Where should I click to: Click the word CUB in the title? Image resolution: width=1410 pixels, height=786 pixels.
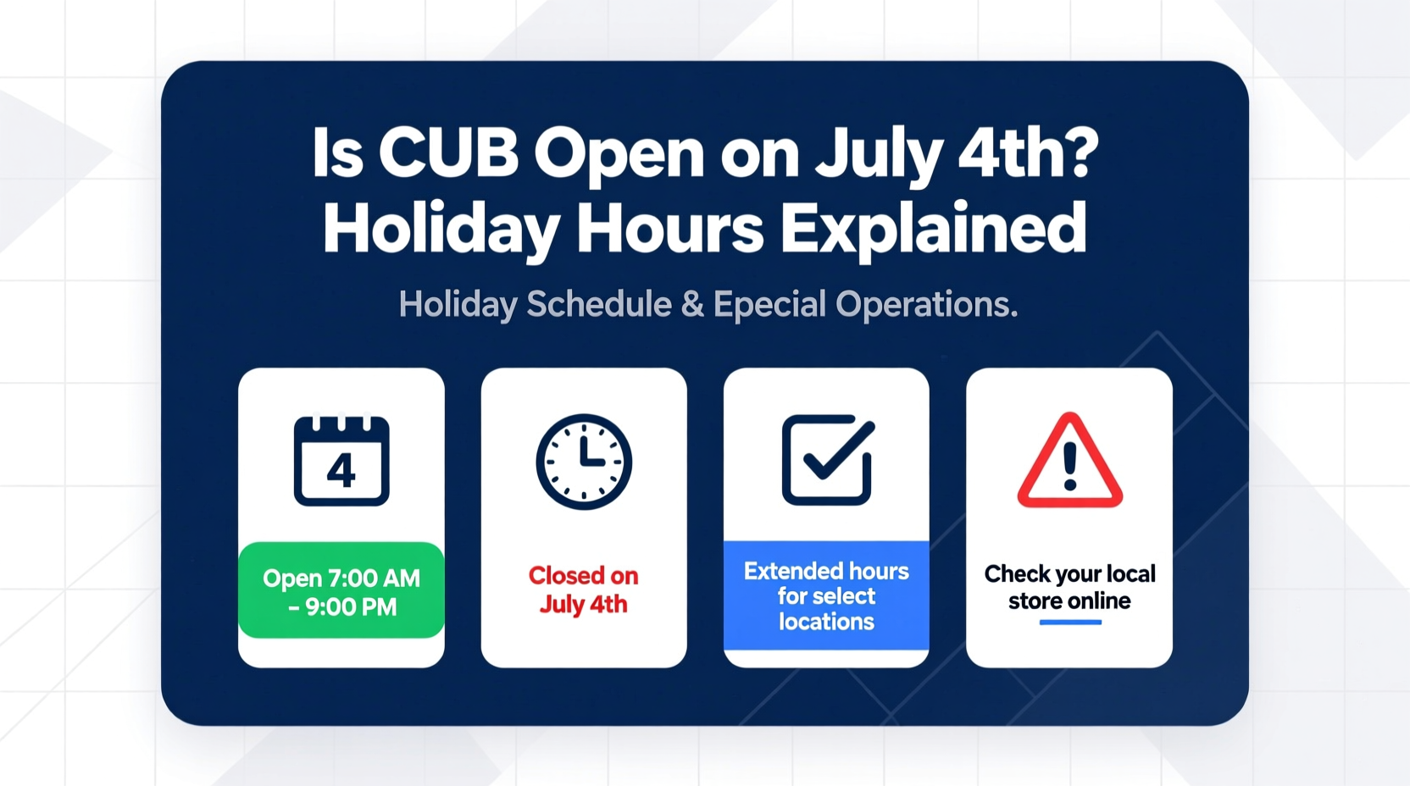[x=448, y=154]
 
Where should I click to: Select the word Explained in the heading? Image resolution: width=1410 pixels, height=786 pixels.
[x=933, y=229]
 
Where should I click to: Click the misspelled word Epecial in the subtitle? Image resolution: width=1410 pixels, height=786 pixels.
[x=769, y=304]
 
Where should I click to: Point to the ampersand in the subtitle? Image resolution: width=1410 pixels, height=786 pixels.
[x=692, y=305]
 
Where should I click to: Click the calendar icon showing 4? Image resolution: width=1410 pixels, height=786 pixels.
[x=341, y=461]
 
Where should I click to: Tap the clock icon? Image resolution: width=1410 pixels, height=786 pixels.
[x=584, y=462]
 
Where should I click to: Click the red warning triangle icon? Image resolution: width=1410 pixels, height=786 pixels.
[x=1069, y=462]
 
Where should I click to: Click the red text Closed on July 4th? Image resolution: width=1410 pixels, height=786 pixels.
[x=584, y=589]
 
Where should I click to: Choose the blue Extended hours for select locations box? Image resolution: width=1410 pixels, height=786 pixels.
[x=826, y=595]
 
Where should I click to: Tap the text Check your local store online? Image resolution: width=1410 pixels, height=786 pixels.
[x=1069, y=587]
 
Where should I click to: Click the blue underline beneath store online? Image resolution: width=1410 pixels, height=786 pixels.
[x=1070, y=623]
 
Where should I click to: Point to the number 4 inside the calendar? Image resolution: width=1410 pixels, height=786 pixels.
[x=341, y=471]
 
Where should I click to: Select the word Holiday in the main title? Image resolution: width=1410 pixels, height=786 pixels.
[x=441, y=229]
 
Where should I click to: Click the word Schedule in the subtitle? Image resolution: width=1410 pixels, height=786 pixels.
[x=599, y=304]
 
